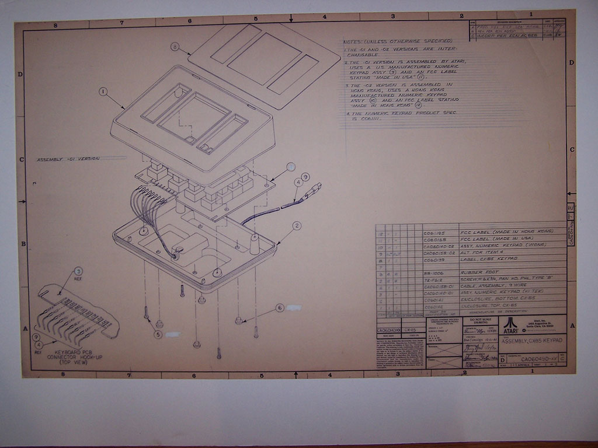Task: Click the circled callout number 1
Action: (103, 92)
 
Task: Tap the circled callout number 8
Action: (175, 46)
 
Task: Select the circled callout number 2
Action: (297, 226)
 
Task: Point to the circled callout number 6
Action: (280, 307)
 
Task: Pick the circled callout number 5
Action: (158, 334)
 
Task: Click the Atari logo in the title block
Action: (510, 323)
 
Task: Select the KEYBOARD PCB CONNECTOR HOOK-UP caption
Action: (76, 355)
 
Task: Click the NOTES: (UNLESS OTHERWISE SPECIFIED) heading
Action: (398, 41)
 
